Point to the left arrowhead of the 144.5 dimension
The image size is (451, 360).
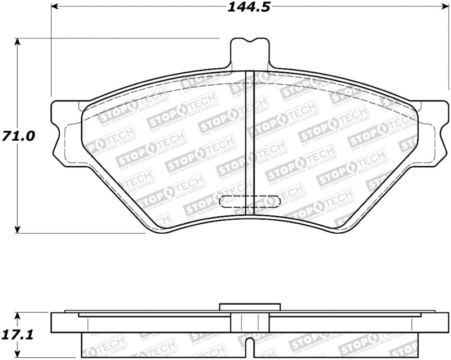(55, 7)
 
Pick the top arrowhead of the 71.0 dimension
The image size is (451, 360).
(18, 43)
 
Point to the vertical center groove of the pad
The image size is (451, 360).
(250, 141)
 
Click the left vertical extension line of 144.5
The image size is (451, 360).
(51, 51)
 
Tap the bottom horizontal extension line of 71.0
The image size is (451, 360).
(85, 233)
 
